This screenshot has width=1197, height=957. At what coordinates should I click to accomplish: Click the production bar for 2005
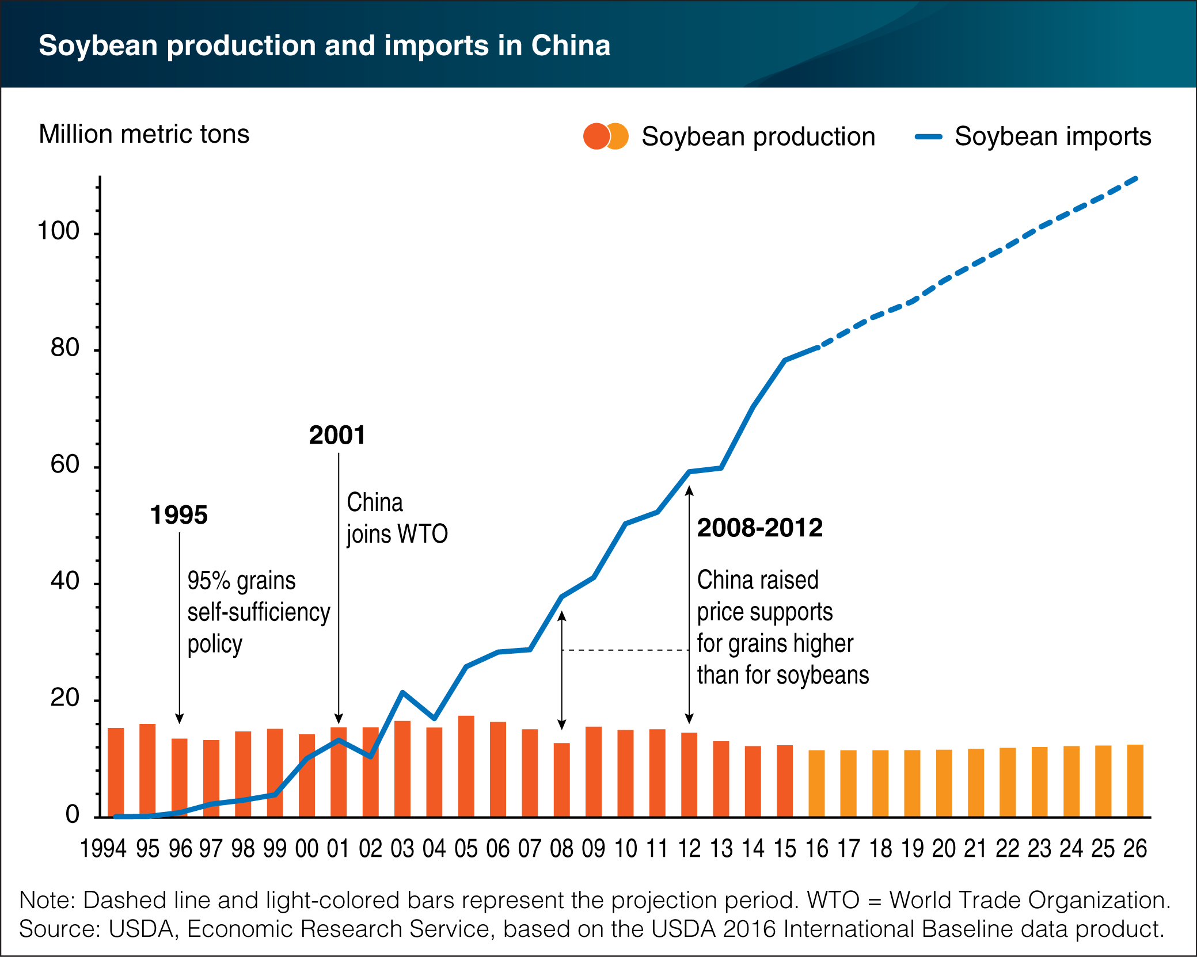click(x=466, y=766)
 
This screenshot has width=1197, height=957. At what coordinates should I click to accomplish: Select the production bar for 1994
click(x=116, y=772)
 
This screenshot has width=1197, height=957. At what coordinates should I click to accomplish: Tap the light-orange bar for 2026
click(x=1135, y=780)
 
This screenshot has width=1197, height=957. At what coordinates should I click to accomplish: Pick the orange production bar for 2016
click(x=816, y=783)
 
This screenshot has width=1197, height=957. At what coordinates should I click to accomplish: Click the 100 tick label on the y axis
click(x=58, y=231)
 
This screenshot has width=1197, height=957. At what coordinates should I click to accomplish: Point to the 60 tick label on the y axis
click(x=64, y=465)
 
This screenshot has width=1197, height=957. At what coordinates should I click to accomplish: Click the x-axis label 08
click(x=561, y=849)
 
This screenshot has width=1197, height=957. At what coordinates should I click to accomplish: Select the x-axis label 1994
click(x=103, y=849)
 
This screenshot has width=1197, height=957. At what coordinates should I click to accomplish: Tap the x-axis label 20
click(x=944, y=849)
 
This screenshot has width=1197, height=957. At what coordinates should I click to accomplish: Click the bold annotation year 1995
click(x=178, y=515)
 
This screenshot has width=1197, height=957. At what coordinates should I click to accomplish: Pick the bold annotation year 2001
click(x=337, y=436)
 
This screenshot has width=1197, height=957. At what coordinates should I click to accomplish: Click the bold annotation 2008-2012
click(x=759, y=528)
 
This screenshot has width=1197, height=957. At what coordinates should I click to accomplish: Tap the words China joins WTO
click(x=397, y=518)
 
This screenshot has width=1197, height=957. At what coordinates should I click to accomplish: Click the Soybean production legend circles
click(x=605, y=136)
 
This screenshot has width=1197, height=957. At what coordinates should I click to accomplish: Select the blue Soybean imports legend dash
click(x=928, y=137)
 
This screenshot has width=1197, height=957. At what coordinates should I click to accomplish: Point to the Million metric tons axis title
click(x=144, y=135)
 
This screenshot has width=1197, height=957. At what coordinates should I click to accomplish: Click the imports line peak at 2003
click(x=402, y=692)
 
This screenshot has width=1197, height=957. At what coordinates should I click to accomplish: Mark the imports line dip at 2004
click(x=434, y=718)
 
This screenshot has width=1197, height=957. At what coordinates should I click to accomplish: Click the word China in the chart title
click(x=570, y=45)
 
